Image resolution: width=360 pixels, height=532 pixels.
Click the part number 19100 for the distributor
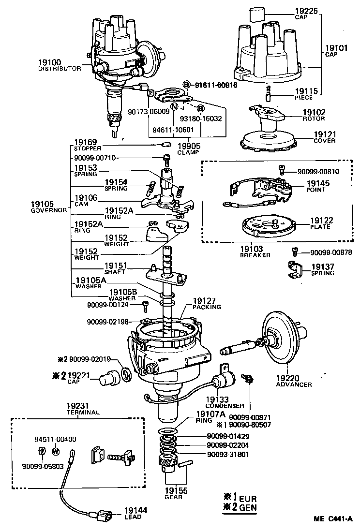(49, 62)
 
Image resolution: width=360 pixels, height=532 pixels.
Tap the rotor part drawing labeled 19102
(268, 114)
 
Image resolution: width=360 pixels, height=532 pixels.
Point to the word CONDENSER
(225, 406)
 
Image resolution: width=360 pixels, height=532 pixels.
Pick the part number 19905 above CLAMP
(189, 146)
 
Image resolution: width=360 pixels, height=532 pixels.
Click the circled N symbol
(174, 106)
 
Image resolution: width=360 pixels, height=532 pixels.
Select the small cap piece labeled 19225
(257, 15)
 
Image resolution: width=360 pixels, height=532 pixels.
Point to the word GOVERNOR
(49, 210)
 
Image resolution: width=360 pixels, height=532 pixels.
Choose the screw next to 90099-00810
(281, 169)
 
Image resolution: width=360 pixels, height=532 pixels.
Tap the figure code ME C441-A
(333, 518)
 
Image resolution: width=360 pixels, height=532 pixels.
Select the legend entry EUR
(248, 499)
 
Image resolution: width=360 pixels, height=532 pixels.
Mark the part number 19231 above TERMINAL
(78, 406)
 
